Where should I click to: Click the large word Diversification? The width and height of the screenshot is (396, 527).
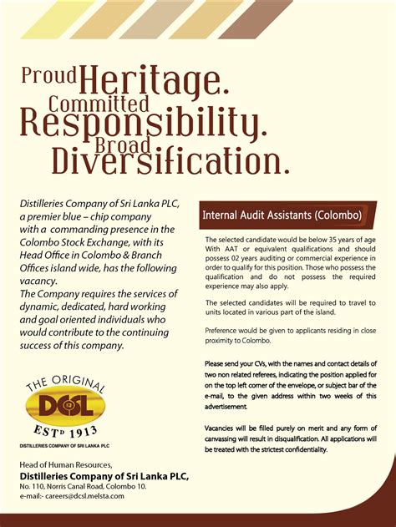tap(171, 160)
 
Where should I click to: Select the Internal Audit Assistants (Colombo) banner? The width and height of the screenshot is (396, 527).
tap(281, 215)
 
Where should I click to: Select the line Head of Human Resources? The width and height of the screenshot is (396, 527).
tap(64, 464)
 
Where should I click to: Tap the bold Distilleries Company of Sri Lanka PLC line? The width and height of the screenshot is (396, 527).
tap(104, 475)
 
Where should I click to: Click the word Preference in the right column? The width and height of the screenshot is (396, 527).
tap(226, 331)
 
